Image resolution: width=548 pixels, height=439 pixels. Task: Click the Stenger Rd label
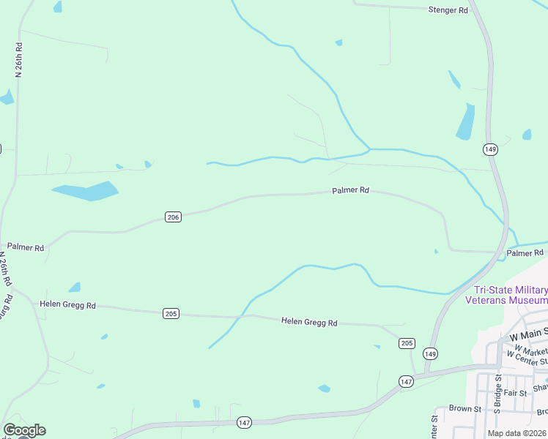click(x=448, y=10)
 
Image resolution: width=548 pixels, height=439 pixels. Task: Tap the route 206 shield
click(x=173, y=217)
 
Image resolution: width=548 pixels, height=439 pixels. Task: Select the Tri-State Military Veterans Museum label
click(x=506, y=295)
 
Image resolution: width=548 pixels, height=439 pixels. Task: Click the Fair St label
click(x=516, y=392)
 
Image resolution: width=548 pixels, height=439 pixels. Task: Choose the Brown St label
click(x=464, y=409)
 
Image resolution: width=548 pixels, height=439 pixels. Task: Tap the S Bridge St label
click(x=497, y=392)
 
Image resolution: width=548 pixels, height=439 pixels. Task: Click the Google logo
click(x=24, y=430)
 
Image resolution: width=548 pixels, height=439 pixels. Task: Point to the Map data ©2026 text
click(x=516, y=433)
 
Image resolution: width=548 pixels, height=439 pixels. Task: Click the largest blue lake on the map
click(x=86, y=192)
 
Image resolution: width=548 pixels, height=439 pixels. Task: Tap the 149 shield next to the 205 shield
click(x=432, y=354)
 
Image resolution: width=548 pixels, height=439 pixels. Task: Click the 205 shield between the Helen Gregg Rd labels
click(x=170, y=314)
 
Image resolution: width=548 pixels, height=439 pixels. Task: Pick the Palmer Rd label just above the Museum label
click(x=525, y=253)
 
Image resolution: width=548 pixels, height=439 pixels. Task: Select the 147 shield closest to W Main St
click(x=407, y=382)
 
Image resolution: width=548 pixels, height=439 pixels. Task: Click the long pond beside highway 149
click(x=465, y=121)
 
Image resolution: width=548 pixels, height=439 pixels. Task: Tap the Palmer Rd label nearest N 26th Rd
click(x=26, y=247)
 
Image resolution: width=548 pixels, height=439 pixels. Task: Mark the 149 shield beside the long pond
click(x=490, y=149)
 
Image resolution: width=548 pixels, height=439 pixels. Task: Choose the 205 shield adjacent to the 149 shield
click(x=407, y=343)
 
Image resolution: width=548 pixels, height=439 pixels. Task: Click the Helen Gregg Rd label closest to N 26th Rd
click(x=67, y=304)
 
